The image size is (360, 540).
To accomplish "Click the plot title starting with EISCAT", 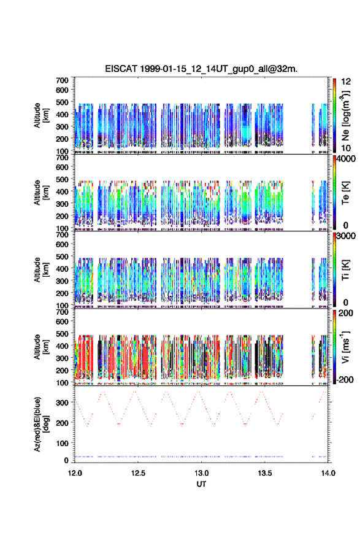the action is point(201,69).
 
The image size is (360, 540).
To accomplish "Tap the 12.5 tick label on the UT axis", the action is point(138,473).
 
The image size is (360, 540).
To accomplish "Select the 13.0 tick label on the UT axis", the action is point(201,473).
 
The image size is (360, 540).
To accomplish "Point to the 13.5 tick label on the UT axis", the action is point(265,473).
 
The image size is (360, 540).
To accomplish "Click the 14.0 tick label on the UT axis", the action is point(328,473).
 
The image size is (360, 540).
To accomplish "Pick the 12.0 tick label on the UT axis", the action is point(75,473).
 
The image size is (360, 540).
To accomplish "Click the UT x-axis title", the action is point(201,484).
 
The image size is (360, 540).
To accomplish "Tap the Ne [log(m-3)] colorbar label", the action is point(345,116).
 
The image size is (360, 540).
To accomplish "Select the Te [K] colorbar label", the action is point(345,193).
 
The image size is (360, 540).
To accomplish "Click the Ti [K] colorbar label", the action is point(345,270).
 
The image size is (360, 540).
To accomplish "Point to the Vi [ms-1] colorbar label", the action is point(345,347).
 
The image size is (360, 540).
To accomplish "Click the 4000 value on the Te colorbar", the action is point(347,160).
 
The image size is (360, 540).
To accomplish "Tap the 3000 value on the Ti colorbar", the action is point(347,236).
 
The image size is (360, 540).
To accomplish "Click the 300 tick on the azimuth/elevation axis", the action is point(63,403).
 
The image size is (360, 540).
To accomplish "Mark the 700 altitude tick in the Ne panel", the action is point(63,80).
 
